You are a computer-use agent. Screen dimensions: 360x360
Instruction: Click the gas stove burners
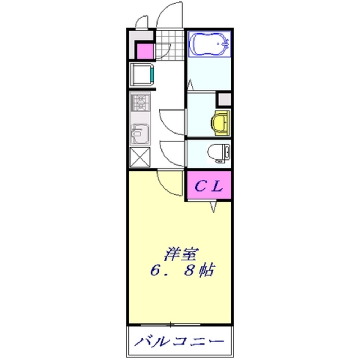tap(140, 103)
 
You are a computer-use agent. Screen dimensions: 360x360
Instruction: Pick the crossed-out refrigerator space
tap(140, 157)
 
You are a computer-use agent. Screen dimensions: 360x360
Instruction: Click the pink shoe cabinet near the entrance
tap(145, 51)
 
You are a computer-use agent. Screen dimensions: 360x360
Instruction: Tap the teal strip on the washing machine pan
tap(152, 75)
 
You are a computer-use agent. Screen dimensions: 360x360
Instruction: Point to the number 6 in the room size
tap(155, 270)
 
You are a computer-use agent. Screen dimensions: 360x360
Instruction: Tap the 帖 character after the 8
tap(207, 270)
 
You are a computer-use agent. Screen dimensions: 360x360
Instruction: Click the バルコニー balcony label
tap(180, 340)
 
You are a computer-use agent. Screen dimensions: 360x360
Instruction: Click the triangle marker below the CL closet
tap(213, 207)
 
